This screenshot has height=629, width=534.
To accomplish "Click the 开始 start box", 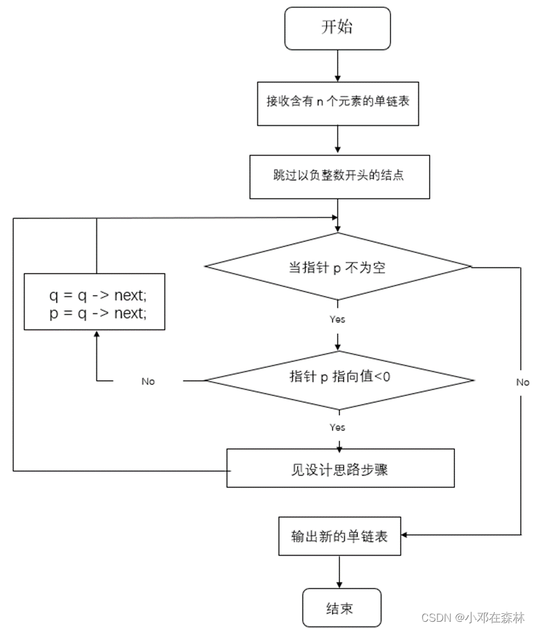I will [x=338, y=28].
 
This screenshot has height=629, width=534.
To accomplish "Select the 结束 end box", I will [x=342, y=608].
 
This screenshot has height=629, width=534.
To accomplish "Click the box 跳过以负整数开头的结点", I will [x=339, y=176].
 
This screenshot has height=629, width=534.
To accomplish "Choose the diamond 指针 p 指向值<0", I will [x=339, y=378].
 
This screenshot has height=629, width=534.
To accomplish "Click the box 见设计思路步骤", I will [x=340, y=468].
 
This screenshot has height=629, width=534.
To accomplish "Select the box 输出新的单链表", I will [x=339, y=535].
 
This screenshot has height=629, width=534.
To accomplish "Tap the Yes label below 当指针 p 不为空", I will [x=338, y=319].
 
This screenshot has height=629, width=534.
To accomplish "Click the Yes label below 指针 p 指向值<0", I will [x=338, y=427].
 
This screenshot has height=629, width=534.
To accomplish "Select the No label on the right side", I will [x=523, y=383].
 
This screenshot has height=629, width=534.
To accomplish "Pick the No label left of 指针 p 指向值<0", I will [x=148, y=381].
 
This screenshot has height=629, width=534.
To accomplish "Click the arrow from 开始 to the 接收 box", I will [x=338, y=64].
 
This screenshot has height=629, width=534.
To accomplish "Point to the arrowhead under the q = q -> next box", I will [x=96, y=334].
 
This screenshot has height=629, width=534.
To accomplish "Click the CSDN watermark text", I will [x=473, y=618].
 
